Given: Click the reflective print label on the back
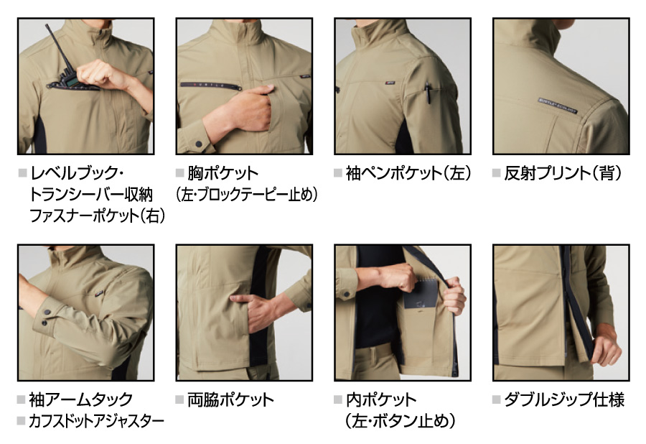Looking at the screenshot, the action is [558, 106].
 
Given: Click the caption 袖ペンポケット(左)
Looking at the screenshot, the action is [408, 173].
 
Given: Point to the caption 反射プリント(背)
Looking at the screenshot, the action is [562, 173].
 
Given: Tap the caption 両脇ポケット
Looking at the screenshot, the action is [230, 399].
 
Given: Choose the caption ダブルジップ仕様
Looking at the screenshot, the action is [564, 399].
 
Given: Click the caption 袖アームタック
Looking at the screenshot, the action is [80, 399].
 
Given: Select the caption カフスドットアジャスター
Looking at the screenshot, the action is [96, 421].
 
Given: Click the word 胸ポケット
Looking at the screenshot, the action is [223, 173].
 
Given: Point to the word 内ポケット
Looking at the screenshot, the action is [381, 399].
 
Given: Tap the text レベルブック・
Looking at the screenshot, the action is [77, 173].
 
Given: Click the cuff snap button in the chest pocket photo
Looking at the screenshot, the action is [199, 144].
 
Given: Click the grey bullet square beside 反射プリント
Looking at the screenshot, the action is [497, 172].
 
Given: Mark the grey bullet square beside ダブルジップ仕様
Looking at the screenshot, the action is [497, 399].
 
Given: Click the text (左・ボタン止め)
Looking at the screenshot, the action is [401, 421].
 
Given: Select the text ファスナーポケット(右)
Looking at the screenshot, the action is [97, 216].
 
